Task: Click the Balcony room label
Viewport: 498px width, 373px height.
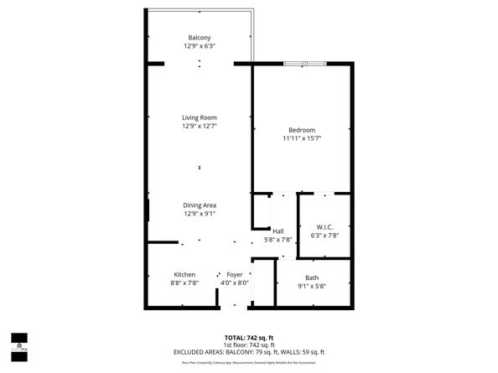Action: (x=200, y=38)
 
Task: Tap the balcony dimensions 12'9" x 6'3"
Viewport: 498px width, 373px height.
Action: (x=200, y=46)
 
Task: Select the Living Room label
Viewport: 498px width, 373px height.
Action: (x=200, y=117)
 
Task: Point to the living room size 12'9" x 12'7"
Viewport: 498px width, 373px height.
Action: (x=200, y=127)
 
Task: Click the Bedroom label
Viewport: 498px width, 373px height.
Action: (x=302, y=130)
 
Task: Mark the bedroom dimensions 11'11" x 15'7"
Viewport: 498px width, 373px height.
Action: (x=302, y=138)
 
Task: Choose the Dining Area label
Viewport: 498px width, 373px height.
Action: (x=200, y=205)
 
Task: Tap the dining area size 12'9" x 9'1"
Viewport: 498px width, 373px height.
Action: (x=200, y=214)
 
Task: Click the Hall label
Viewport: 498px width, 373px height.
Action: (x=278, y=231)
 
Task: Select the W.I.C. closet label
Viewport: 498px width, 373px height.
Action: (x=325, y=227)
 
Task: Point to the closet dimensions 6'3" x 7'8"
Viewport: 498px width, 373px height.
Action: (x=325, y=236)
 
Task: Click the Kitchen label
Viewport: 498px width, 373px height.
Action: (x=184, y=275)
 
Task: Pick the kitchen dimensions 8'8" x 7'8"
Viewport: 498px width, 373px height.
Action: (x=184, y=283)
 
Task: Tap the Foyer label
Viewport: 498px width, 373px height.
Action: (x=234, y=275)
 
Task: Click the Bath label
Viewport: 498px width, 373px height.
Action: (x=312, y=277)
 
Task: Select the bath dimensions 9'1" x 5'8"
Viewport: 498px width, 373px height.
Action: (x=312, y=286)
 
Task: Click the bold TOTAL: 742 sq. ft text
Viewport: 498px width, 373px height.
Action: (x=249, y=337)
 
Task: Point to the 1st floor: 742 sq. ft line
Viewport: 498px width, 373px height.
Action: (x=249, y=345)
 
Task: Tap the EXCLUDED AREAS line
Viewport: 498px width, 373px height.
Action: (x=249, y=352)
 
